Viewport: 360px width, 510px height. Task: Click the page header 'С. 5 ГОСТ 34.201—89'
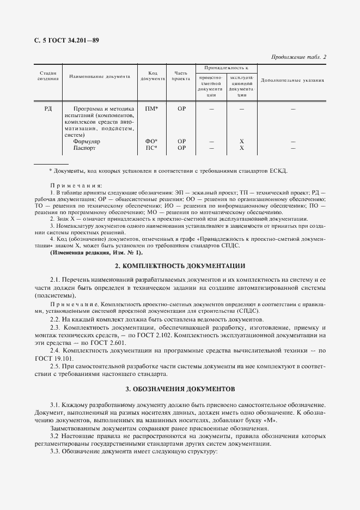pyautogui.click(x=60, y=41)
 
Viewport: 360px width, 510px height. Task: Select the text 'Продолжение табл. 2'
pyautogui.click(x=298, y=57)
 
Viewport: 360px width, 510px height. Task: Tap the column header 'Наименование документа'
pyautogui.click(x=100, y=76)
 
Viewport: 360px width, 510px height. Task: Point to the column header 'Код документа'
pyautogui.click(x=152, y=76)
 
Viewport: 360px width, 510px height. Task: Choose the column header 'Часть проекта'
pyautogui.click(x=181, y=76)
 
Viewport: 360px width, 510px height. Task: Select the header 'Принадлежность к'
pyautogui.click(x=226, y=68)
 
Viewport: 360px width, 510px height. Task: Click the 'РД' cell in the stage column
pyautogui.click(x=48, y=109)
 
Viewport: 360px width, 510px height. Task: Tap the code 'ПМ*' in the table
pyautogui.click(x=151, y=109)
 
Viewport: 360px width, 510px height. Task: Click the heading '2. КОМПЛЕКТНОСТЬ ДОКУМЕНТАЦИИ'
pyautogui.click(x=180, y=266)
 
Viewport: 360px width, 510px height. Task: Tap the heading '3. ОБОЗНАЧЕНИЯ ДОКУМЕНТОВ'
pyautogui.click(x=180, y=390)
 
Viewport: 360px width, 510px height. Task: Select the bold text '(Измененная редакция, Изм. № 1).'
pyautogui.click(x=96, y=253)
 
